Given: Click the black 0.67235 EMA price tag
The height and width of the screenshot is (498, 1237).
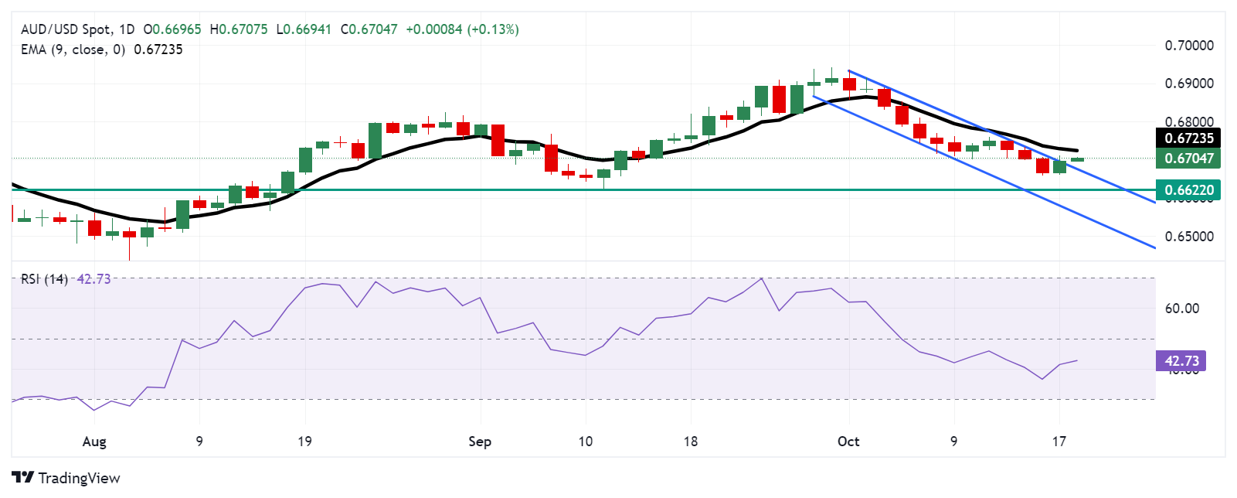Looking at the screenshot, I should [1188, 138].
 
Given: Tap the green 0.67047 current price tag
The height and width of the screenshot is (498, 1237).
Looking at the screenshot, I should [1188, 159].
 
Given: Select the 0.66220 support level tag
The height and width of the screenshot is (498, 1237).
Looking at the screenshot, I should [1188, 189].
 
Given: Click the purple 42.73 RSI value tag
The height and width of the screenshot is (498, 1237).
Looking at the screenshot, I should [1181, 361].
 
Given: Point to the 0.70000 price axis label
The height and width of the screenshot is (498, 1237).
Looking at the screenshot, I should [1188, 46].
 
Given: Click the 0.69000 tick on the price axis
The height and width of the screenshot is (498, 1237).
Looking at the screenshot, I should [1188, 84].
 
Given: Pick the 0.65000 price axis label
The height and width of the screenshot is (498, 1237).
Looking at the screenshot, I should [1188, 237].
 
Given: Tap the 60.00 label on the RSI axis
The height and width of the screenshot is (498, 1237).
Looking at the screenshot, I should [1181, 309].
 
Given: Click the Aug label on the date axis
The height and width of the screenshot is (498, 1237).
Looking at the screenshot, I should [94, 442].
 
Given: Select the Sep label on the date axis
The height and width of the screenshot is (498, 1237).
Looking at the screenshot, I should [480, 442].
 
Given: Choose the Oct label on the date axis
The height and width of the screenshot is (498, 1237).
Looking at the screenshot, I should [848, 442].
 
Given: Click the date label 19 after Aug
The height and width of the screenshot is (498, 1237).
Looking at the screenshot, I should [305, 442].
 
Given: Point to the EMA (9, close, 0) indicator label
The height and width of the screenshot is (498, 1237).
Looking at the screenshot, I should [73, 49].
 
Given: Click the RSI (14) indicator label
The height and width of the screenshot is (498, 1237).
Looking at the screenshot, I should [44, 279].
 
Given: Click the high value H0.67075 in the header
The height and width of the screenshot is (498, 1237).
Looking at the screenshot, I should [239, 29].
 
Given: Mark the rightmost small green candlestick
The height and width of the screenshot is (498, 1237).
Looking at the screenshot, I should [1077, 159].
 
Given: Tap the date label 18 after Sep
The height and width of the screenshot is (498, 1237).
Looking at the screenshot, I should [690, 442].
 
